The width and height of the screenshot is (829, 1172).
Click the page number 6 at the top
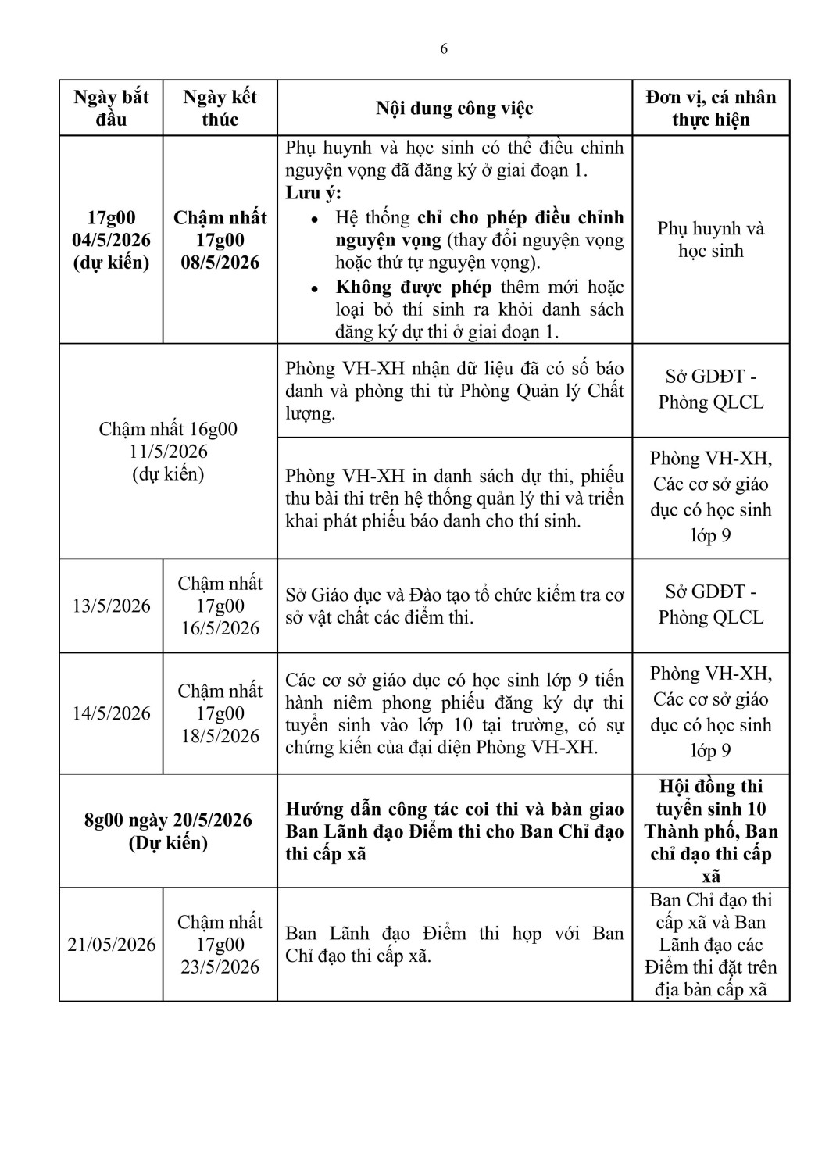(444, 49)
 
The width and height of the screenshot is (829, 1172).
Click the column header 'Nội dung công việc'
(454, 109)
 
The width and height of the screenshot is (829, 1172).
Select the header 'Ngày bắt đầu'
(111, 109)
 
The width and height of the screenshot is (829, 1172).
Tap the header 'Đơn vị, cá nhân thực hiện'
(710, 109)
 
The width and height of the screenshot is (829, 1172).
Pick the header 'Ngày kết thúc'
(220, 109)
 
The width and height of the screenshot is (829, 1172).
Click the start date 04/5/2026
(111, 240)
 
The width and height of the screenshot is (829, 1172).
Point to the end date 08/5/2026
(220, 263)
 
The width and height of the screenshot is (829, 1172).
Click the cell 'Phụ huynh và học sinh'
(710, 240)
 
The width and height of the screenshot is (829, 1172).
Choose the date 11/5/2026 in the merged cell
(169, 452)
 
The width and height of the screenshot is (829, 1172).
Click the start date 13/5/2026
(111, 606)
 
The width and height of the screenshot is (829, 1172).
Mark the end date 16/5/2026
(220, 628)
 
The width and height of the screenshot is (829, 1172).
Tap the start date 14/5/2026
(111, 713)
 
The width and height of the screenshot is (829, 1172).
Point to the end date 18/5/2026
(220, 736)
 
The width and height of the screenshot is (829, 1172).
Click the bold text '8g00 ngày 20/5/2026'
(169, 820)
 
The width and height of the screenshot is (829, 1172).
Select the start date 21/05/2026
(111, 945)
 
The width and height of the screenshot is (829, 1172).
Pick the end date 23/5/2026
(220, 967)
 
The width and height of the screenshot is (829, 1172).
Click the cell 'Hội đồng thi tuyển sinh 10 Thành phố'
(710, 809)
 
